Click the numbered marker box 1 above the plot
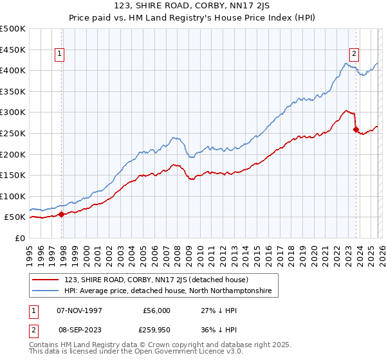point(59,55)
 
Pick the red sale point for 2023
point(356,129)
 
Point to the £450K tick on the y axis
point(13,50)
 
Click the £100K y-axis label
point(13,197)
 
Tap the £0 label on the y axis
point(20,239)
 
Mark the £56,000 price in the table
point(156,310)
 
